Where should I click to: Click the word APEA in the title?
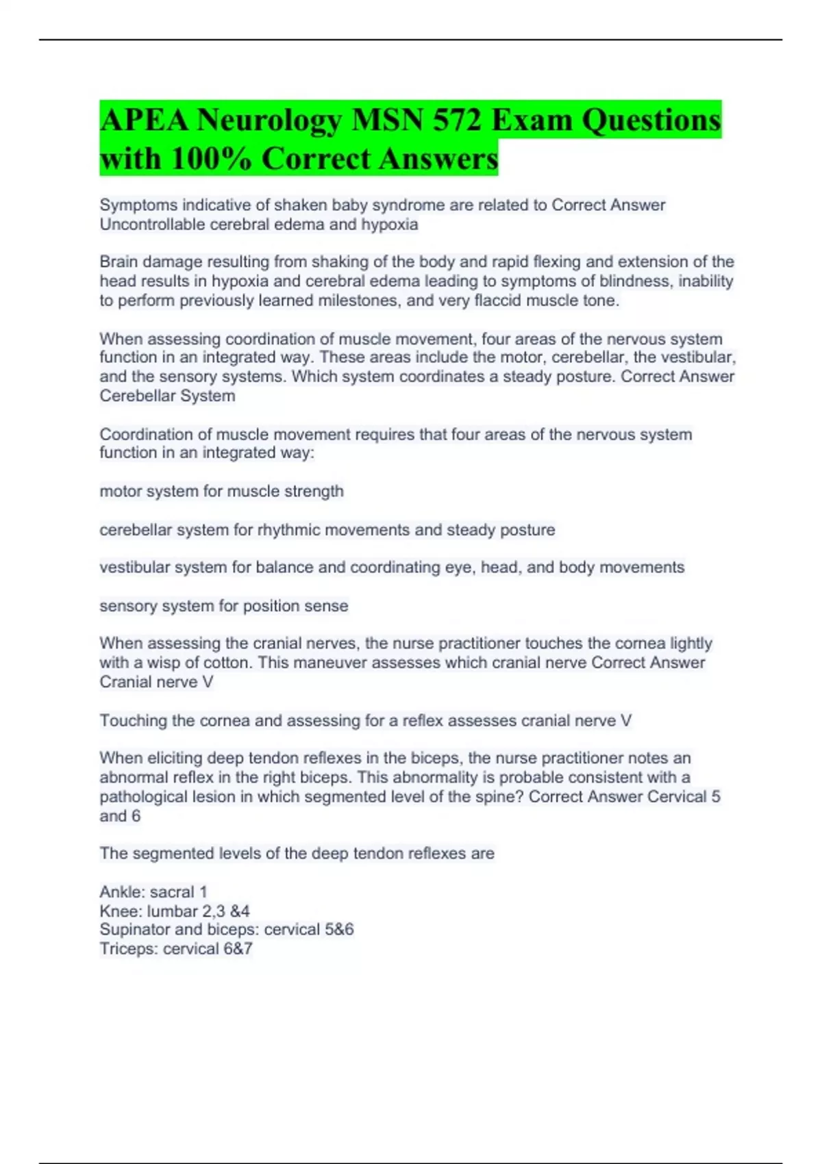143,121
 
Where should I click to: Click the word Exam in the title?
532,121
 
